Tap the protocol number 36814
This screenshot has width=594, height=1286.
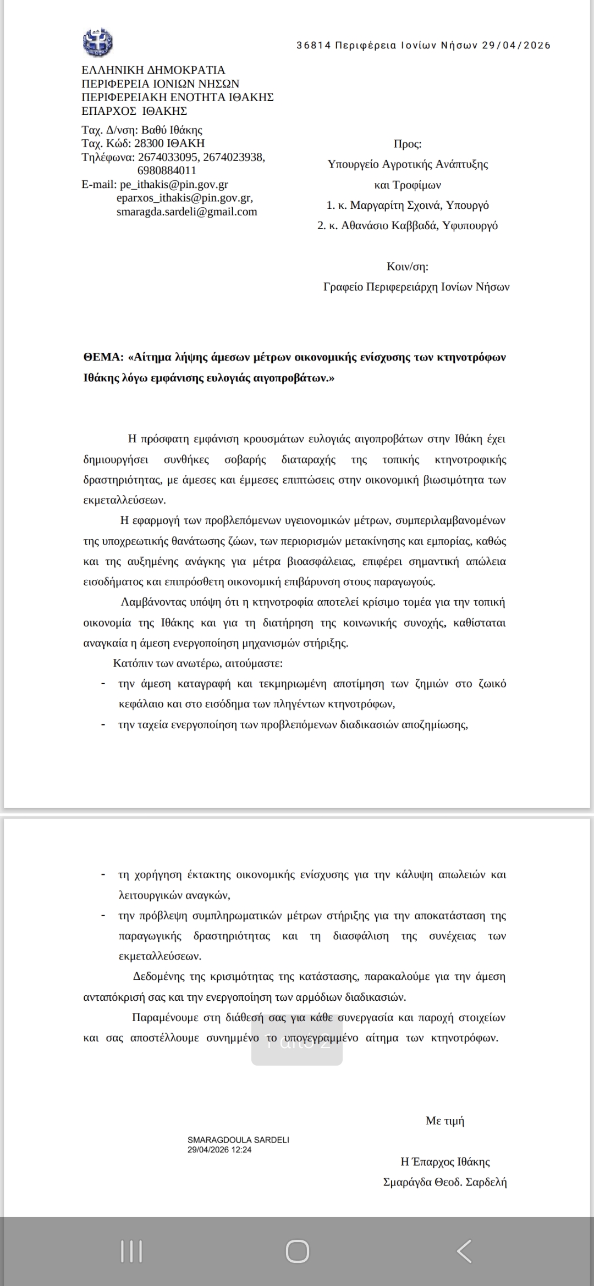coord(313,46)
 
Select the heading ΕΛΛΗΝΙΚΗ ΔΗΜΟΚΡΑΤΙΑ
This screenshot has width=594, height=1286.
coord(153,70)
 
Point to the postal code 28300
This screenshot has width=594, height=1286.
coord(150,143)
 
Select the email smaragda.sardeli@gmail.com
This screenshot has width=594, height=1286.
coord(186,212)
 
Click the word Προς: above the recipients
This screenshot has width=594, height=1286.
coord(408,145)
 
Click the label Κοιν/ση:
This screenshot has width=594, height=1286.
coord(408,267)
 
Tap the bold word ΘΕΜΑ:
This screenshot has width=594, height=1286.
coord(103,357)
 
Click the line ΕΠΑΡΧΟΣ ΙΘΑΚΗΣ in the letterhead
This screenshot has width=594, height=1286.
coord(134,111)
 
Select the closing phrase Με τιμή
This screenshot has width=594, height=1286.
coord(445,1121)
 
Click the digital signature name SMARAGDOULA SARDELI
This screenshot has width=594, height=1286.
coord(238,1140)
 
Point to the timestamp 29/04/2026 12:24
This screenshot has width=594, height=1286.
coord(219,1149)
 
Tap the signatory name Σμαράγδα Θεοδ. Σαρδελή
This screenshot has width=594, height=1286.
coord(445,1182)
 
